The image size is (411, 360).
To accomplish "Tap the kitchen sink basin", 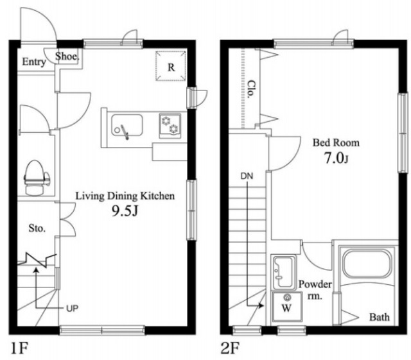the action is click(127, 125).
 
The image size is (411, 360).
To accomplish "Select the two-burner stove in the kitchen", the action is click(170, 126).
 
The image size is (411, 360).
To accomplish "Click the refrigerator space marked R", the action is click(171, 65).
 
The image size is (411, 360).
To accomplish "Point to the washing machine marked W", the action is click(286, 307).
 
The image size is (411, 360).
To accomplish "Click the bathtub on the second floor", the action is click(367, 264).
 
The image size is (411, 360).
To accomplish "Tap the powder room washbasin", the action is click(284, 272).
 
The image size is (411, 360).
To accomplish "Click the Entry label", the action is click(34, 62).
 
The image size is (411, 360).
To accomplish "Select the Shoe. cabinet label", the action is click(67, 56).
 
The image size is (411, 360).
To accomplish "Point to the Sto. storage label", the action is click(37, 228).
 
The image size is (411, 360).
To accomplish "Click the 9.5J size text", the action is click(125, 210).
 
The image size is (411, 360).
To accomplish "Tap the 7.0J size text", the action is click(337, 158).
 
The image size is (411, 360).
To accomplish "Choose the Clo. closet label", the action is click(251, 89).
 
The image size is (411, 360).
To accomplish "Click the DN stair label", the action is click(247, 176).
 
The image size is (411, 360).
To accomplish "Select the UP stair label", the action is click(72, 309).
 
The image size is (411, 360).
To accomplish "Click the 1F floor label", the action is click(19, 348).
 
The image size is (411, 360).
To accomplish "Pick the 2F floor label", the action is click(230, 348).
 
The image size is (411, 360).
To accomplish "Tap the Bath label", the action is click(380, 317).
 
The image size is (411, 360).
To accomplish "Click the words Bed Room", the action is click(336, 143).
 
